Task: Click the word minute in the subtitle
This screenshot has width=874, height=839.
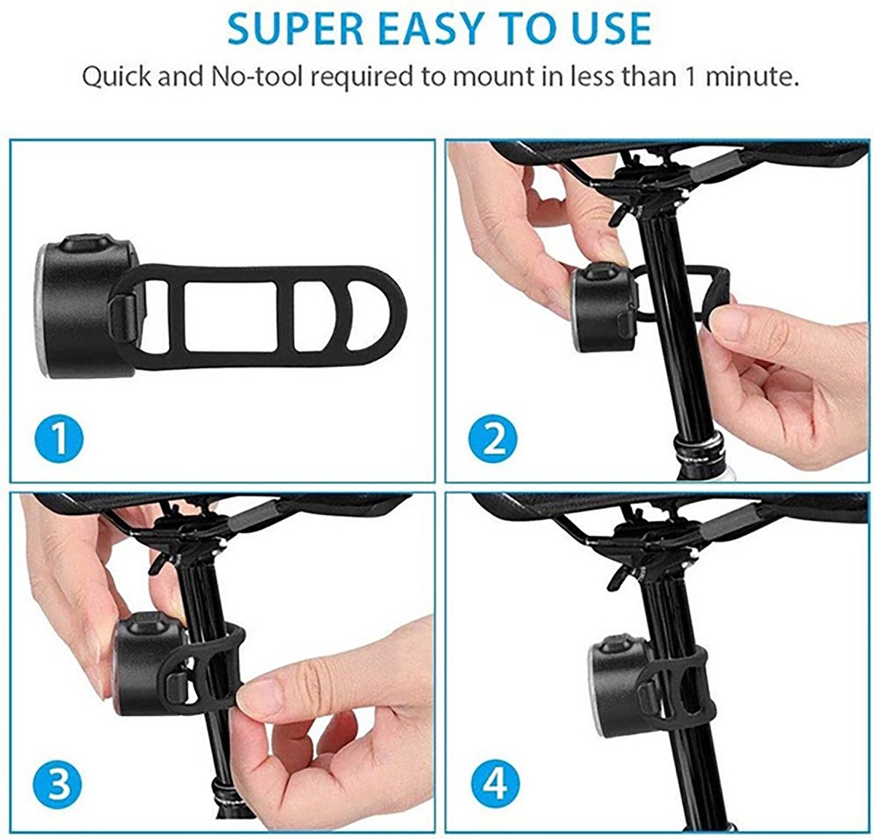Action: point(747,76)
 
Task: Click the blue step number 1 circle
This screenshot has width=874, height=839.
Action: point(59,438)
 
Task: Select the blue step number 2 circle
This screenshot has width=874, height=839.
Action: point(492,438)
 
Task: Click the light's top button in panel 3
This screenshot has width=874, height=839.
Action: point(149,622)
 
